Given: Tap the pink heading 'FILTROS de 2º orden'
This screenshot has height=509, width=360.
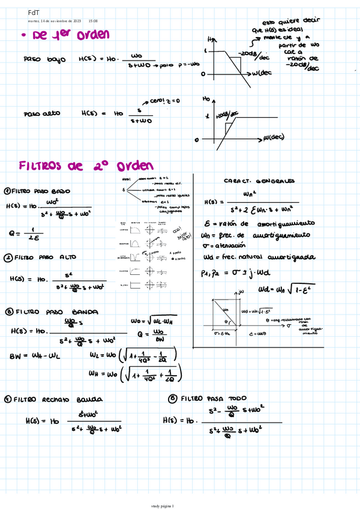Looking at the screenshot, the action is coord(86,165).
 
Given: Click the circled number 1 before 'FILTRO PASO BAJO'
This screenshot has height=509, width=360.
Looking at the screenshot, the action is coord(7,191).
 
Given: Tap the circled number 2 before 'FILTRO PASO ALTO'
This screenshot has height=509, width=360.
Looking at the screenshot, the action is coord(8,258).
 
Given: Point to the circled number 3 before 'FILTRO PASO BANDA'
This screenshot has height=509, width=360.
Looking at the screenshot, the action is coord(8,312).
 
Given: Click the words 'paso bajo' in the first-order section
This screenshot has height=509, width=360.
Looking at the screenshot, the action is coord(41,59).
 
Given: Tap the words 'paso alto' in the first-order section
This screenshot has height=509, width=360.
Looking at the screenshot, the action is coord(41,113).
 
